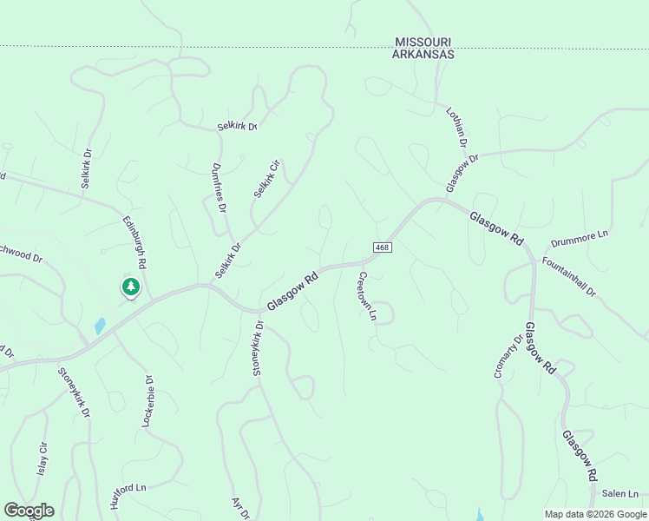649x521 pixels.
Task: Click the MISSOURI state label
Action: pos(424,42)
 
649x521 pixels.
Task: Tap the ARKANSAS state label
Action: pos(424,54)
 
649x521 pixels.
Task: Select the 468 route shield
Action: pos(383,248)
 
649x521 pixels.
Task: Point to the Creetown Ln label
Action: pos(366,296)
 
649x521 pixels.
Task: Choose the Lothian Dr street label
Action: pos(456,128)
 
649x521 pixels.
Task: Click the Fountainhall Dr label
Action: pos(569,277)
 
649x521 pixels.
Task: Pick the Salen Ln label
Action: pos(620,493)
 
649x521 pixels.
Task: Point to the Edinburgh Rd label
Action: pos(134,241)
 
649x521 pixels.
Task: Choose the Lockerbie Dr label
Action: pos(147,400)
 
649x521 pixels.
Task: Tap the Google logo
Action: pos(29,511)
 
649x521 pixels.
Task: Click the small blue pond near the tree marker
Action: pos(100,326)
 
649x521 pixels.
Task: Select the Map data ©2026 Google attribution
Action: pos(595,514)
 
